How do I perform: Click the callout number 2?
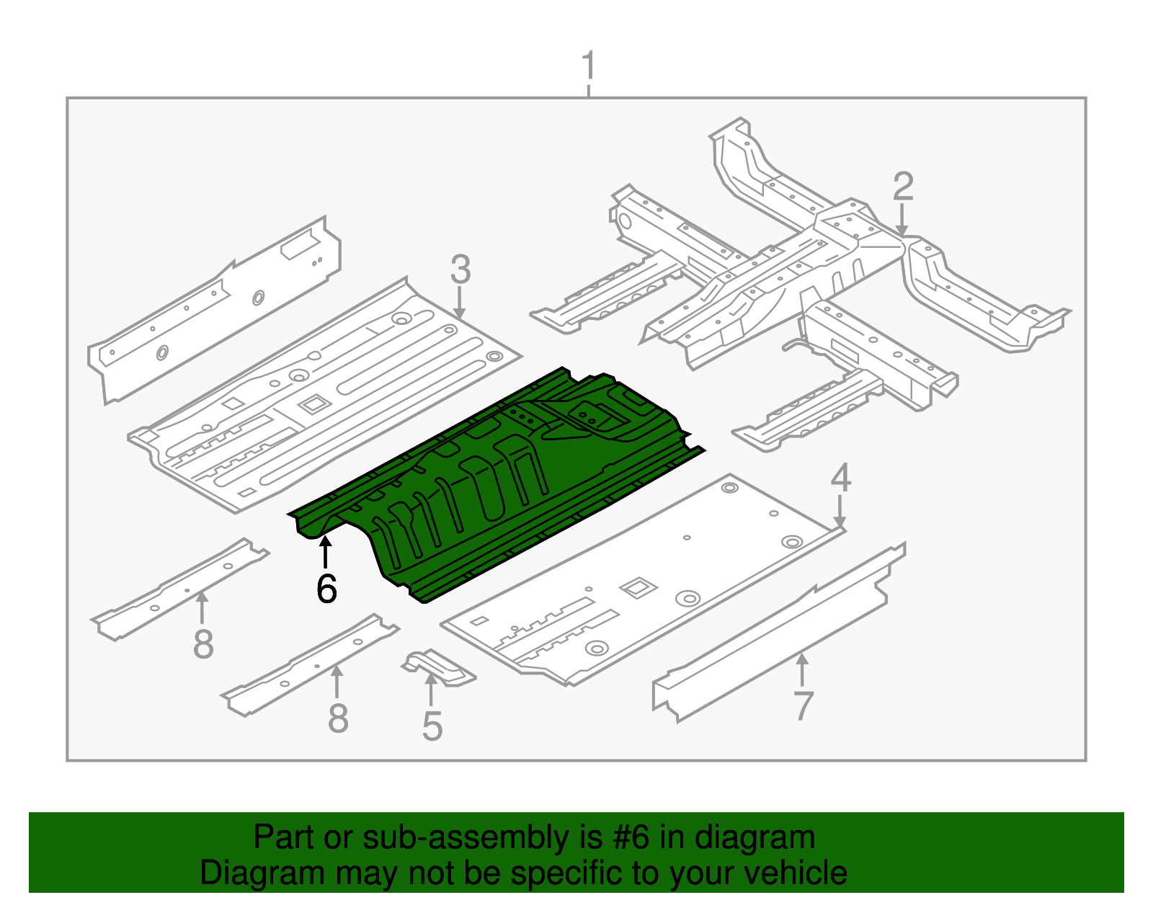coord(903,186)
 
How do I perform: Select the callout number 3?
coord(460,269)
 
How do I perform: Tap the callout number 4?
coord(840,477)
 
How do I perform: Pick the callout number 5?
coord(432,726)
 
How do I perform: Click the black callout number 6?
coord(326,588)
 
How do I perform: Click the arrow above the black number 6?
coord(325,552)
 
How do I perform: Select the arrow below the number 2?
coord(902,219)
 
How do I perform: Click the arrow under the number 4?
coord(839,511)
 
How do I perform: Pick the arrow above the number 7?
coord(802,670)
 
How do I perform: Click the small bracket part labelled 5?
coord(438,667)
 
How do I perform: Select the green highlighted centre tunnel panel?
coord(496,484)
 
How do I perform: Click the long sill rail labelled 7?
coord(779,632)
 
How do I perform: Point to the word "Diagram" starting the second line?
coord(262,873)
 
